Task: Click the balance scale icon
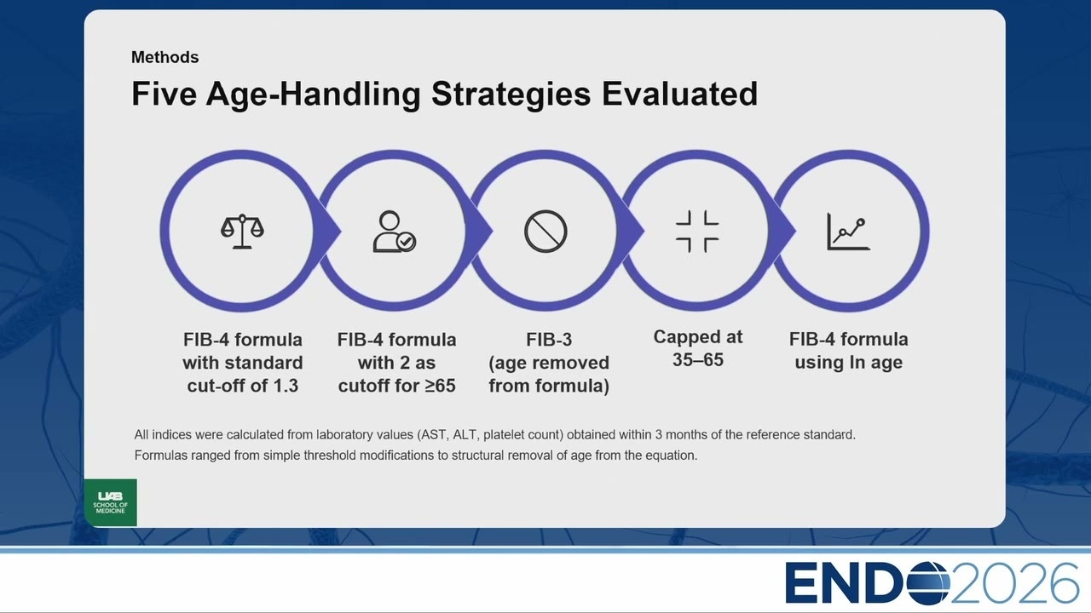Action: coord(242,231)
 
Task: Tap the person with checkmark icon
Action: coord(394,232)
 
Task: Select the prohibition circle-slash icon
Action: coord(545,231)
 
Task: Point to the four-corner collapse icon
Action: coord(697,231)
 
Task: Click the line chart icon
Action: coord(848,231)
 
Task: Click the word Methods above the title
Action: coord(165,57)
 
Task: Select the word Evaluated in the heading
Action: coord(680,94)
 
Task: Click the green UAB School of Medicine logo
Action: coord(111,502)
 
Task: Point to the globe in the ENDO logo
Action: coord(928,583)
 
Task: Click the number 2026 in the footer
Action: coord(1014,583)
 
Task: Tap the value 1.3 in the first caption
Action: coord(286,386)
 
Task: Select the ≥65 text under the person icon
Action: coord(440,386)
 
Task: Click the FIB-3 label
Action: coord(549,340)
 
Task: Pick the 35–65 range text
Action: coord(698,360)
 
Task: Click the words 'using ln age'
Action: coord(848,363)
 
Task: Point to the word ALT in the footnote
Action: coord(465,434)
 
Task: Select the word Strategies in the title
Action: coord(511,94)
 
